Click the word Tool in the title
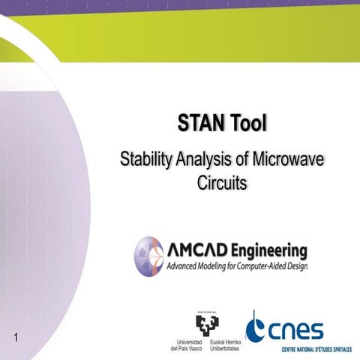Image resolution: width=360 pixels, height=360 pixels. (247, 122)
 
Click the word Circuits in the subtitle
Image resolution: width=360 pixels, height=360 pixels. (221, 181)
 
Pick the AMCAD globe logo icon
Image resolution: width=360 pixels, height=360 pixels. (148, 255)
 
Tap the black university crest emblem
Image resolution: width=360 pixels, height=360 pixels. (207, 323)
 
